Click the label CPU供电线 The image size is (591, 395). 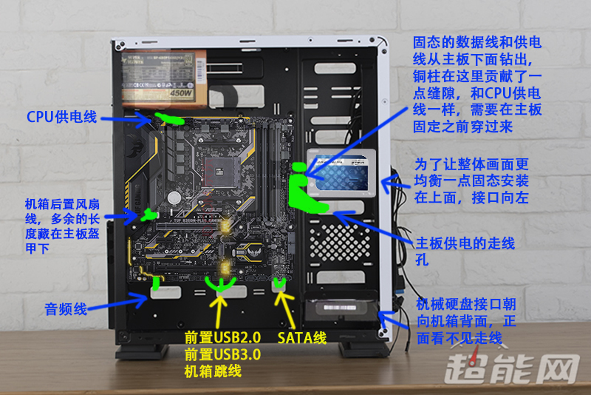point(61,116)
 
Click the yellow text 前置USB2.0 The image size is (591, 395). point(222,337)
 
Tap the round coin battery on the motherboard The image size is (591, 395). point(174,197)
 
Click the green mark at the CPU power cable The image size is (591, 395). point(171,118)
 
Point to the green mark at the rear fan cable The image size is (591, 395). point(147,215)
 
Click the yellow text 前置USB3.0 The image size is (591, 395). point(222,354)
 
